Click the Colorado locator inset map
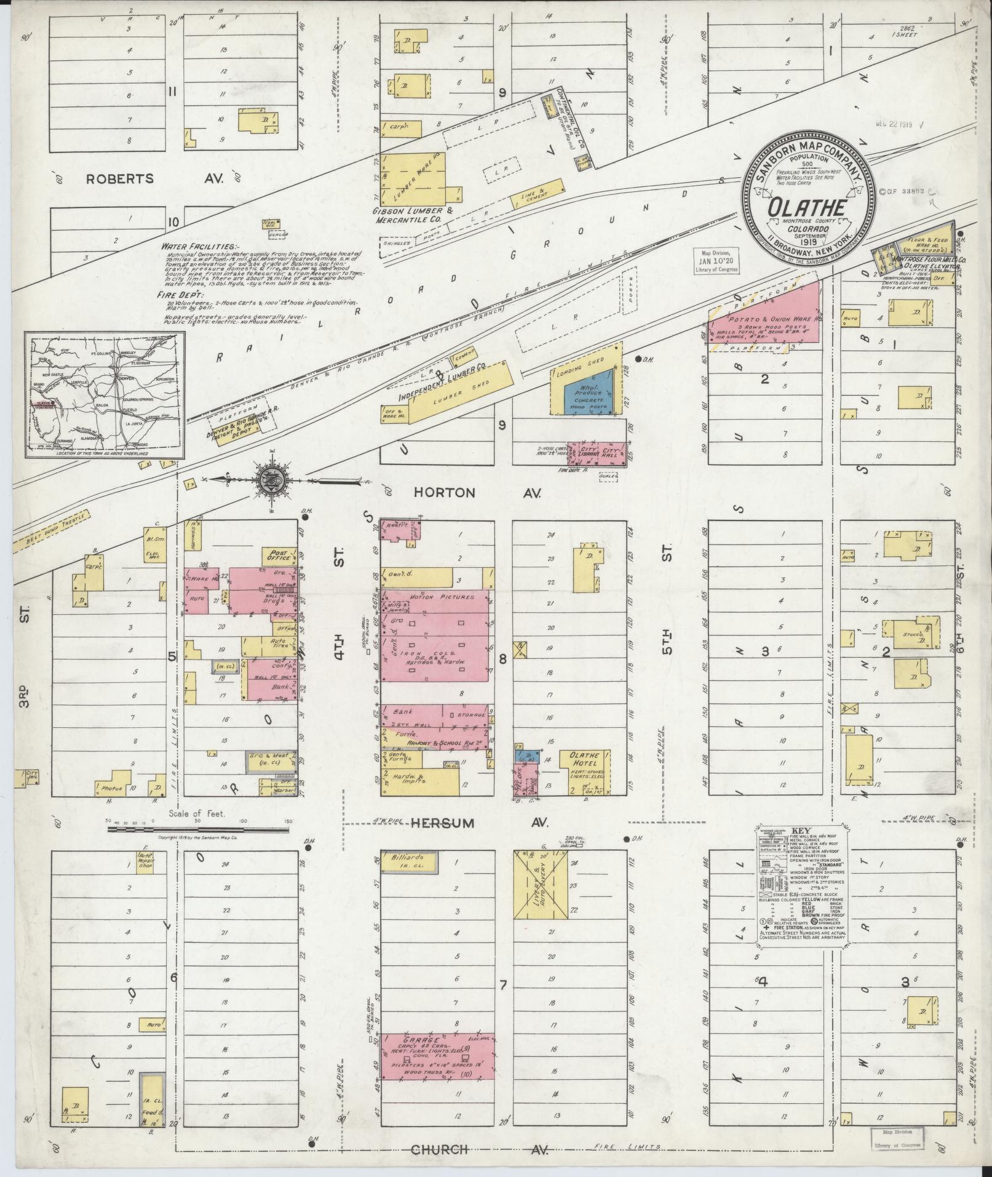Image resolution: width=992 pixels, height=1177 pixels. [x=105, y=395]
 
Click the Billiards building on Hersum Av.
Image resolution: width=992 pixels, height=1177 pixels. [x=408, y=863]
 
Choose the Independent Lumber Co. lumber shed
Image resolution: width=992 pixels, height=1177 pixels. [x=460, y=391]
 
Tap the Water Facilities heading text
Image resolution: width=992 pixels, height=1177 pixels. [x=195, y=245]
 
